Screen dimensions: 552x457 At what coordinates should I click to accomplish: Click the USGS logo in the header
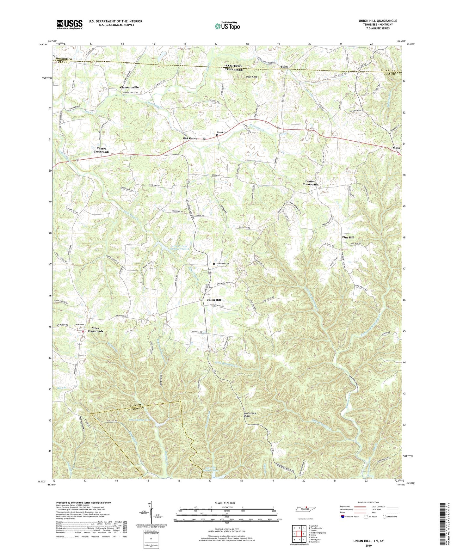(69, 24)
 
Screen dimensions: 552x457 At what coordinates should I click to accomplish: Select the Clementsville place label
(129, 87)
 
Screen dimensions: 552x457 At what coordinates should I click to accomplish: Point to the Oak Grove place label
(190, 138)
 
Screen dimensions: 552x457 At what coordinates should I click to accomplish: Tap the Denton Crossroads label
(310, 183)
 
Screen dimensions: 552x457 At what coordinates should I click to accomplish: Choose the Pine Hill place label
(348, 237)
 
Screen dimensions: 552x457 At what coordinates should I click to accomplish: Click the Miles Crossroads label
(96, 330)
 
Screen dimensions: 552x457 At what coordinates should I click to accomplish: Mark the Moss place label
(396, 148)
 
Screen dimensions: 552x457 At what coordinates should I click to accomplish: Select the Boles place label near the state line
(284, 67)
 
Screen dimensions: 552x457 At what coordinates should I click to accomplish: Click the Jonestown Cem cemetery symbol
(214, 264)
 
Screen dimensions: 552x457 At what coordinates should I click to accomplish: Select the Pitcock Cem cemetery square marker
(217, 135)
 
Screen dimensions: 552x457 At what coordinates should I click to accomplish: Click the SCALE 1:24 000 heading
(225, 503)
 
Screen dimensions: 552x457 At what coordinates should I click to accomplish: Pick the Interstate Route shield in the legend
(343, 517)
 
